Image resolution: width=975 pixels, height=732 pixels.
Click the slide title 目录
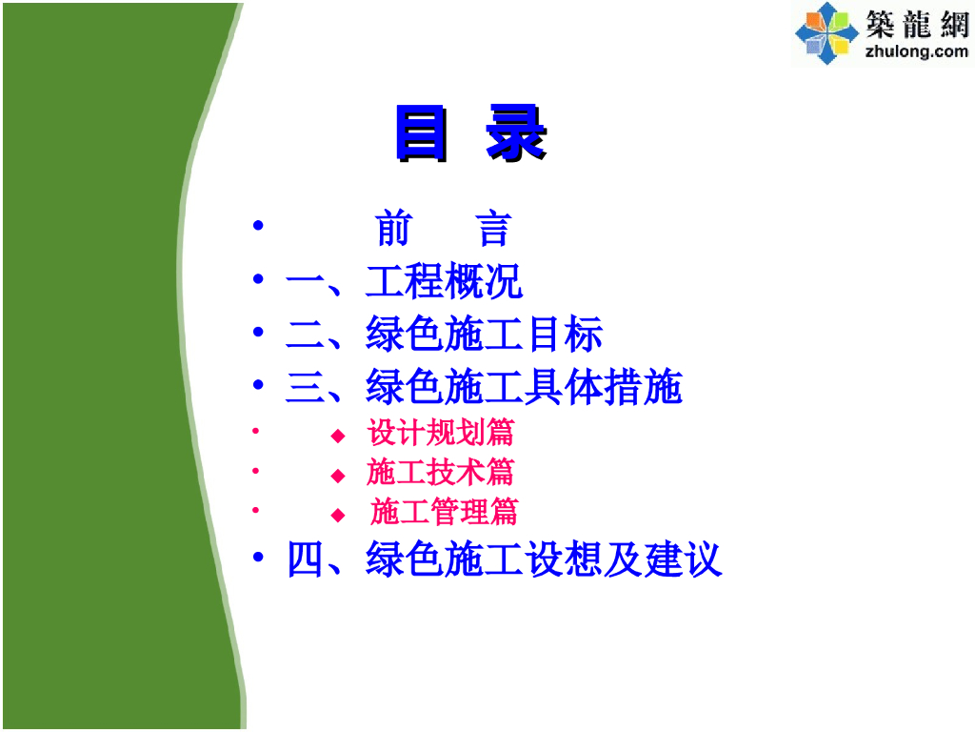pos(469,134)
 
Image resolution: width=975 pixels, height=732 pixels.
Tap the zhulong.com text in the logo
pos(916,51)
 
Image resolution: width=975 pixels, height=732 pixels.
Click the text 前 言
pos(443,230)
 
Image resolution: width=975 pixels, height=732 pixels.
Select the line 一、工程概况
pos(404,282)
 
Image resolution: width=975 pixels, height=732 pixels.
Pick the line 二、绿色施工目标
pos(444,335)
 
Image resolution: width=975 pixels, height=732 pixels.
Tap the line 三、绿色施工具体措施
pos(484,388)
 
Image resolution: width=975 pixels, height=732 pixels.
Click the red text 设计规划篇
pos(440,433)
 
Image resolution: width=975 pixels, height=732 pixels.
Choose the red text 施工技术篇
pos(440,472)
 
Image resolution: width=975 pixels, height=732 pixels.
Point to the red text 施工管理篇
pos(444,512)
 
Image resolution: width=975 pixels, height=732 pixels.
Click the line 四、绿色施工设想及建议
pos(504,559)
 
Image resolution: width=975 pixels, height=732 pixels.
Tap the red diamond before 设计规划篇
pos(337,436)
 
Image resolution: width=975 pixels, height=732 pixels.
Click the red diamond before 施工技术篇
pos(337,475)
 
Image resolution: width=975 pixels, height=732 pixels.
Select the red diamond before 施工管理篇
pos(337,515)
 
